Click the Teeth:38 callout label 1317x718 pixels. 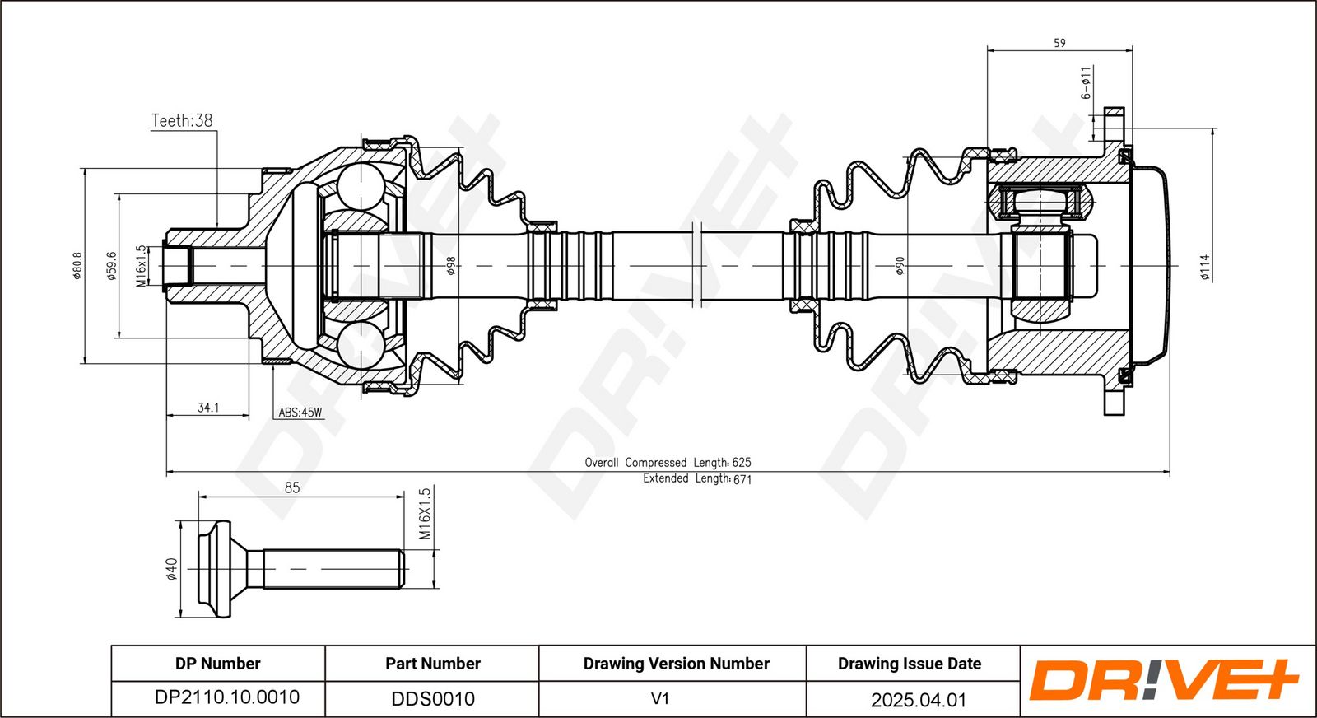pos(182,120)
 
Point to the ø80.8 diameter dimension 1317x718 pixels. pos(77,266)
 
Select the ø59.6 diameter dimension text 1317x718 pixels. pos(112,266)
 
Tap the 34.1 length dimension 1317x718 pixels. pos(208,408)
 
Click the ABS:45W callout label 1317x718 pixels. pos(300,413)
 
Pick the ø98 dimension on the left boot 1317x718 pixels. pos(452,266)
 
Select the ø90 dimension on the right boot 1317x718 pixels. pos(900,266)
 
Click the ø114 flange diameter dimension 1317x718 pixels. pos(1205,267)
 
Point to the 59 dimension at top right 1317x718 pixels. pos(1059,43)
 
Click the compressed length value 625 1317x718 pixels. pos(742,463)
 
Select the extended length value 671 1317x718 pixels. pos(742,479)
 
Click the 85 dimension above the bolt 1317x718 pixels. pos(292,488)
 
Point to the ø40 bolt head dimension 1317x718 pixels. pos(172,569)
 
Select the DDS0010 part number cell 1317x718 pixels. pos(433,698)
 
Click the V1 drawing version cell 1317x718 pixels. pos(660,698)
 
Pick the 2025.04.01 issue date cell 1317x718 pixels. pos(919,700)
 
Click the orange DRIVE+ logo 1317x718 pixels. pos(1163,680)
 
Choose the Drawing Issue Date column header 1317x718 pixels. pos(910,664)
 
